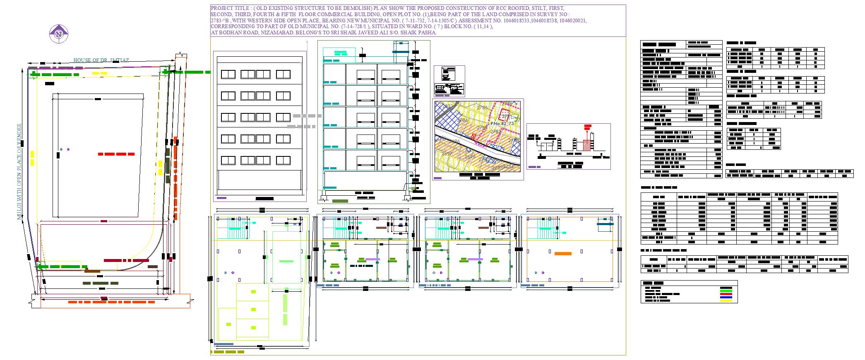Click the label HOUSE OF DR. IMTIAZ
point(101,60)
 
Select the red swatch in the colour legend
point(726,294)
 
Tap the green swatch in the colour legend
point(726,291)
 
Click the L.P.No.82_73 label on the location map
point(501,123)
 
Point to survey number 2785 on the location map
point(483,108)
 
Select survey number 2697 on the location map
point(446,154)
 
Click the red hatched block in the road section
point(587,145)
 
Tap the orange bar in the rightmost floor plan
point(563,254)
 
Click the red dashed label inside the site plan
point(116,154)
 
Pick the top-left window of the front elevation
point(228,74)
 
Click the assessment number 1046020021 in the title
point(573,20)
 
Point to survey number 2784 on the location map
point(463,120)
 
